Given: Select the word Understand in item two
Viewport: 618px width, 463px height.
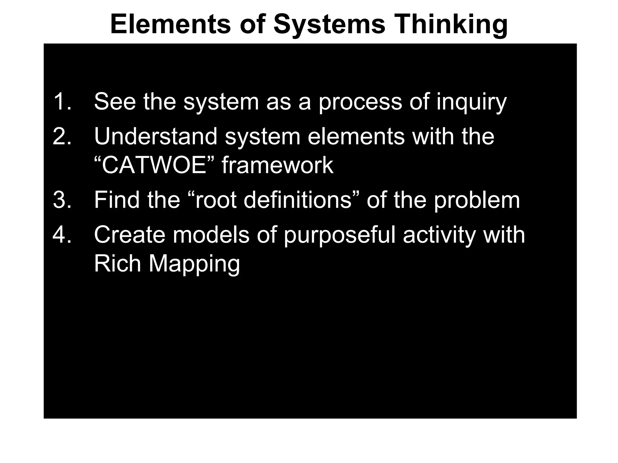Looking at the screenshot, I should [156, 137].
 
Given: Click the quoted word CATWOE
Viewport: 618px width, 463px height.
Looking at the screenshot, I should [154, 165].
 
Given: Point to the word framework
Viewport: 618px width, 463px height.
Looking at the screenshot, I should [278, 165].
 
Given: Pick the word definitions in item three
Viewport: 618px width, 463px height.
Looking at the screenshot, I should [298, 200].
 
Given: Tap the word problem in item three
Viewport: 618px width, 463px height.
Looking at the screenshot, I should [477, 200].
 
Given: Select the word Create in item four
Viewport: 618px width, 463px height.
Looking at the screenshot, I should [130, 235].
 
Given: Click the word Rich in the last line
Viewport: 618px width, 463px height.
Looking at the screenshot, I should [118, 263].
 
